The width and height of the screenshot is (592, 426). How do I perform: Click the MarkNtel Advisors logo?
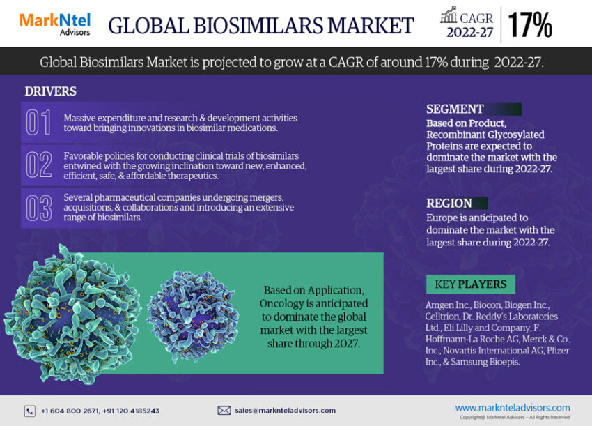55,24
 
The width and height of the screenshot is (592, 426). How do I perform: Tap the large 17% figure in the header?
530,25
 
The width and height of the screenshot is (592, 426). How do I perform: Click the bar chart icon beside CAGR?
449,15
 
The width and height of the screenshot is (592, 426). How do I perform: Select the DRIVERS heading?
51,91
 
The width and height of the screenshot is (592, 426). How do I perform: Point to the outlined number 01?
38,122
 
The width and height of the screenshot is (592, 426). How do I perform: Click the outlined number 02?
38,165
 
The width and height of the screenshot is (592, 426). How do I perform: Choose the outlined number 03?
38,208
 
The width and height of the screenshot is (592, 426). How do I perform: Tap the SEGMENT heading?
455,109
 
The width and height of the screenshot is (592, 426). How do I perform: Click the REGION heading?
449,204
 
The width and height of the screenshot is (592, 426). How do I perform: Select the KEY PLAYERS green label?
471,284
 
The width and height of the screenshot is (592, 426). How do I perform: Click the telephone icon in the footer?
30,411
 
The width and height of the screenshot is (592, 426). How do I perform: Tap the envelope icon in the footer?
224,411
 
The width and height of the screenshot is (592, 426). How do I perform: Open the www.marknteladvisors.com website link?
513,408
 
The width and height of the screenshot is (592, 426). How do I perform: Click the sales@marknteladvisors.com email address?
285,411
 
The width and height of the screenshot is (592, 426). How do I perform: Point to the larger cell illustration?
72,314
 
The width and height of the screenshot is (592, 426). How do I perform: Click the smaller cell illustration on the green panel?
192,316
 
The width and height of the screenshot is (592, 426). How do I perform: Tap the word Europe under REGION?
442,218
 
